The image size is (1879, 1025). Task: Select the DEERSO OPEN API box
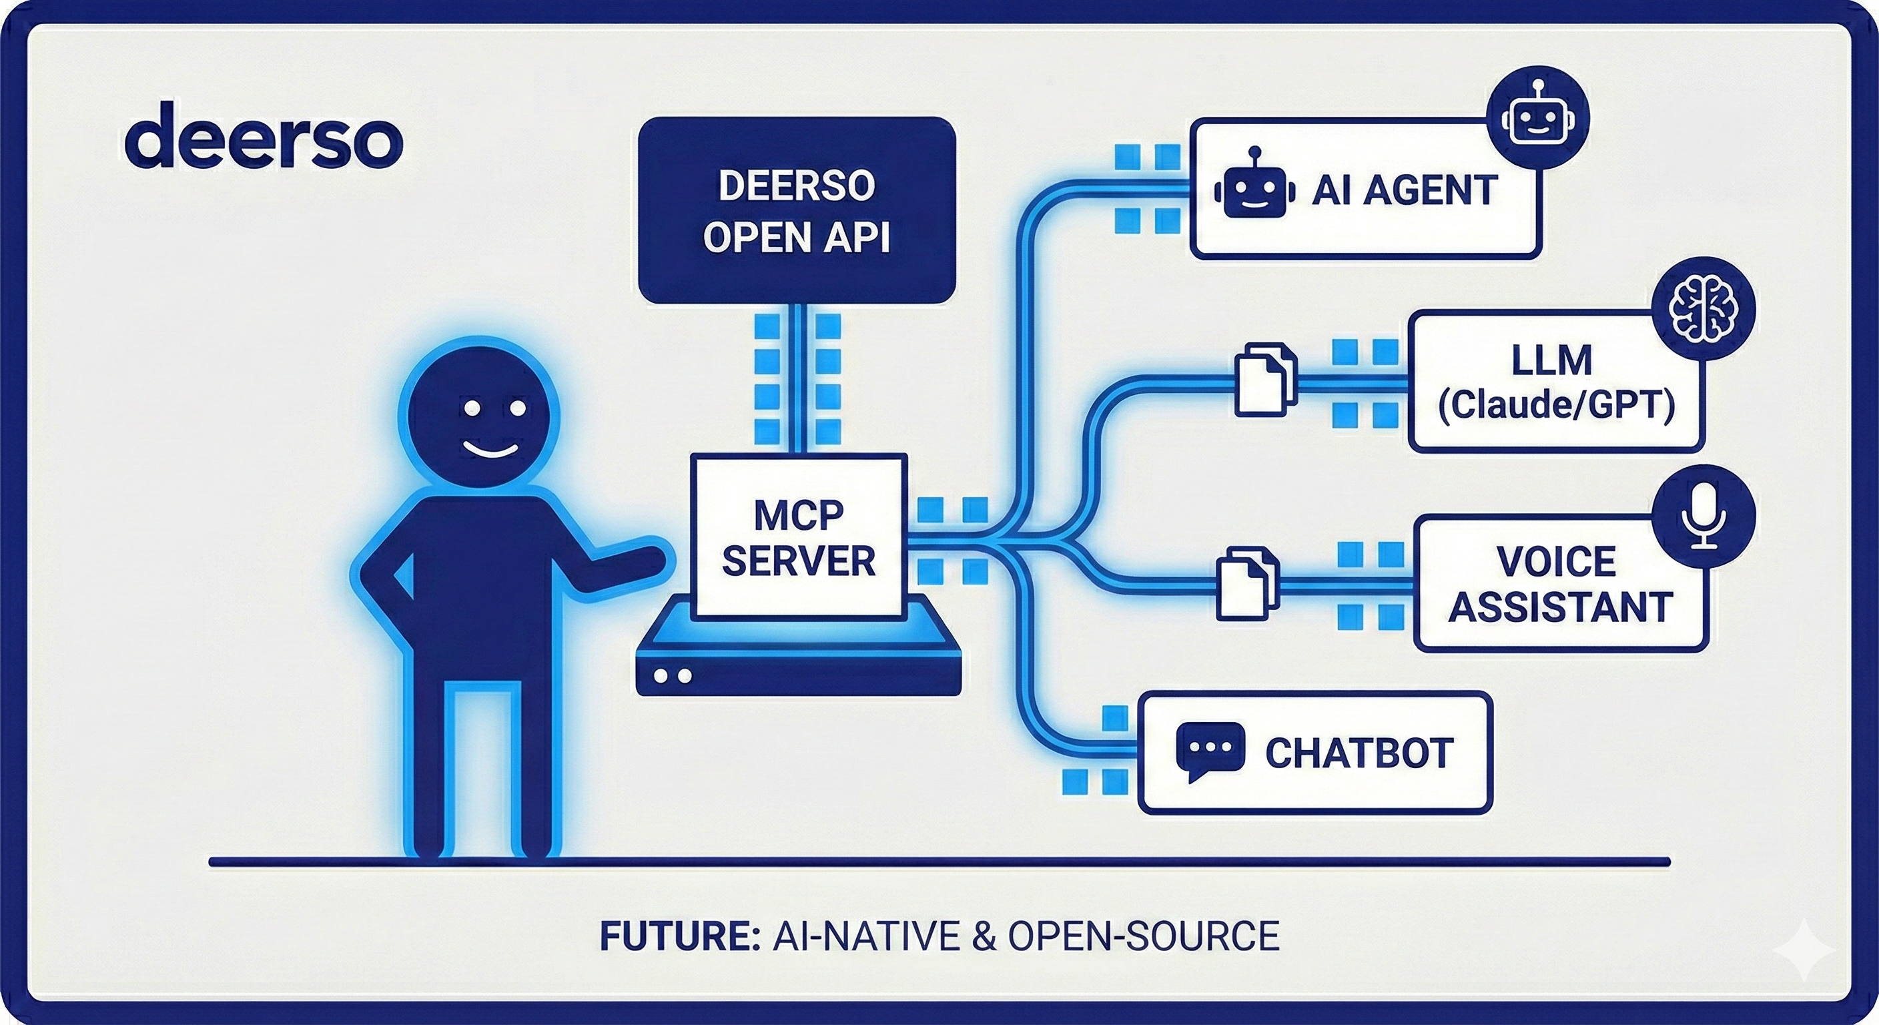(x=797, y=210)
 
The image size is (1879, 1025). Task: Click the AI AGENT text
(x=1404, y=191)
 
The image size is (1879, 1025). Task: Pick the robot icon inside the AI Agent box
(x=1254, y=186)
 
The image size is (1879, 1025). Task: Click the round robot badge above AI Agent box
(x=1537, y=118)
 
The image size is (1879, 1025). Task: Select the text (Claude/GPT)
(x=1556, y=406)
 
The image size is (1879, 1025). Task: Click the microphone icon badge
(x=1704, y=517)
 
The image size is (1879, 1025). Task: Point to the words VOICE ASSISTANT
(x=1559, y=584)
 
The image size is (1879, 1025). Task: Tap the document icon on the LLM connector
(x=1265, y=380)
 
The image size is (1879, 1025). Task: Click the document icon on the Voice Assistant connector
(x=1247, y=584)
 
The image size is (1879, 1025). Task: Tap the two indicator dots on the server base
(x=672, y=675)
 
